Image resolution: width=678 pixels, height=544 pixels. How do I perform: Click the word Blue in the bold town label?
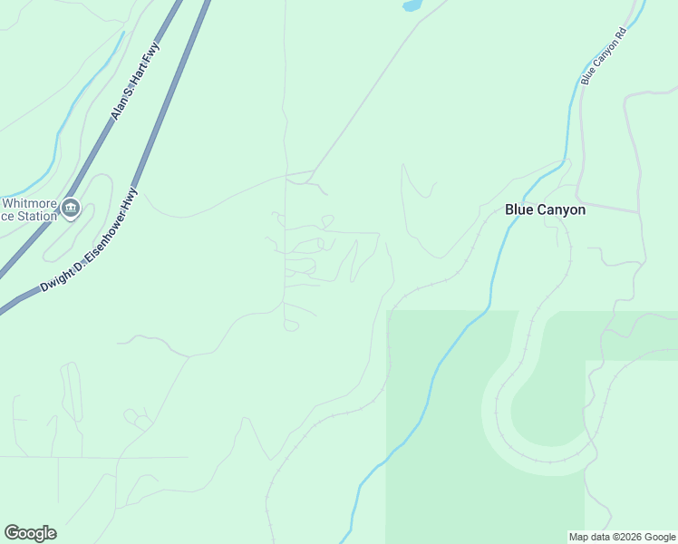pos(519,209)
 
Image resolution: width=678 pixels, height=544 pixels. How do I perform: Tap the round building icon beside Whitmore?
pos(71,210)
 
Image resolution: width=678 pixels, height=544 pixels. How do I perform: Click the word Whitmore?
pos(27,202)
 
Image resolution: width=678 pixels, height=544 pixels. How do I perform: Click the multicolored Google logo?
pos(30,533)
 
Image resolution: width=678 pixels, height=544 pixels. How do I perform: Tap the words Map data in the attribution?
pos(589,537)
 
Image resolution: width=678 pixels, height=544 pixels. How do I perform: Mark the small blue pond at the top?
pos(412,5)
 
